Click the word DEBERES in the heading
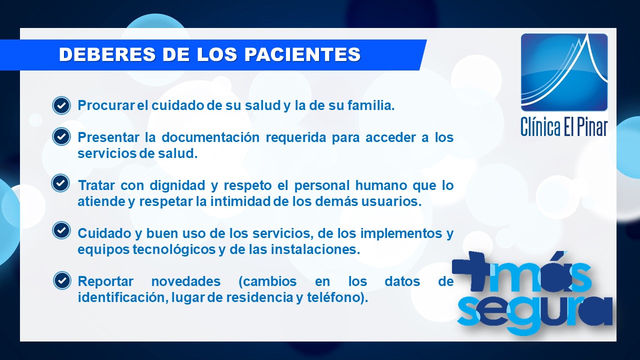point(107,54)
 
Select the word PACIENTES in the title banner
point(302,54)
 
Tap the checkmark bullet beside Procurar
point(61,105)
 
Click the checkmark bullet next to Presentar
point(61,136)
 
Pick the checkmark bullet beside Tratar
point(60,183)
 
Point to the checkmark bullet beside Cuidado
point(61,230)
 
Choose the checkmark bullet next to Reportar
point(62,280)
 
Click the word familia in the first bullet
point(371,105)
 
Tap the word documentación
point(210,137)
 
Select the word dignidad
point(177,185)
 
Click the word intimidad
point(240,201)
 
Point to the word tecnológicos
point(174,249)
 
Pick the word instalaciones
point(315,249)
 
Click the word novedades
point(186,281)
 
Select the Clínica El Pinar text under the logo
point(563,126)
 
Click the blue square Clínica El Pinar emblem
point(564,72)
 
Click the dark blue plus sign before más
point(470,269)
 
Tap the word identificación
point(123,297)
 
